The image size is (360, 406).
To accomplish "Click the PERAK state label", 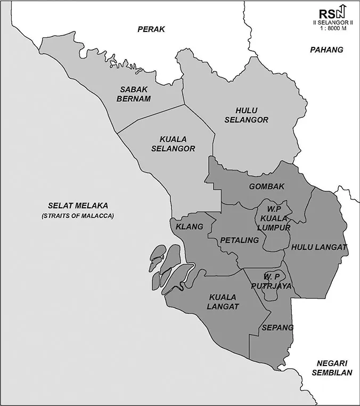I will click(x=151, y=29).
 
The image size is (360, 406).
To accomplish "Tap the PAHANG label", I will click(x=326, y=50).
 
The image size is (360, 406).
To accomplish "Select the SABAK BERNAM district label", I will click(x=135, y=94).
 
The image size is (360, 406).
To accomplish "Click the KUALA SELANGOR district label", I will click(x=173, y=143).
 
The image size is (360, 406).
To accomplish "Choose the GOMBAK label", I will click(x=267, y=186).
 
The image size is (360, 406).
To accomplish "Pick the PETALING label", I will click(x=239, y=240).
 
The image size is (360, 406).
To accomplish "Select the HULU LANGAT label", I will click(x=318, y=247).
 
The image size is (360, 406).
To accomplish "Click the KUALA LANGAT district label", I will click(x=224, y=302).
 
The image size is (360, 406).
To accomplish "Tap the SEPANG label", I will click(x=278, y=327).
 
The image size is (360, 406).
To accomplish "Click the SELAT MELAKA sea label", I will click(x=78, y=206).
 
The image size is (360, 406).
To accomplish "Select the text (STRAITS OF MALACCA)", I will click(x=78, y=216).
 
